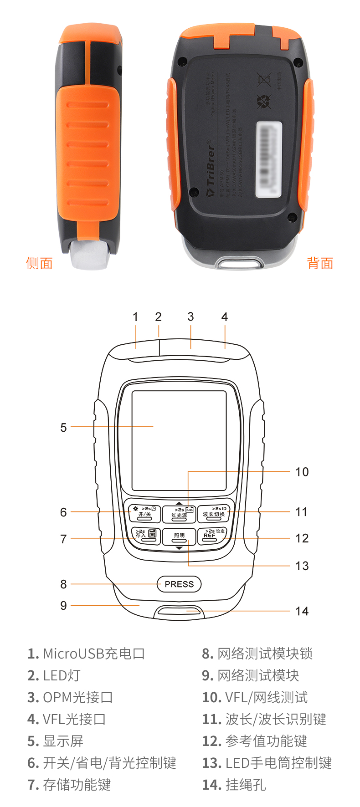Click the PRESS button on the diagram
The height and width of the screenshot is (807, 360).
tap(179, 584)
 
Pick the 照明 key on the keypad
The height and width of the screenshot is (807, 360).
tap(179, 536)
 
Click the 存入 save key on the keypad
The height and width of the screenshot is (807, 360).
tap(145, 536)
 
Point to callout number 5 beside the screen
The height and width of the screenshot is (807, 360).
tap(63, 427)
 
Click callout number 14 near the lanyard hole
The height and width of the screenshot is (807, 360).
tap(302, 611)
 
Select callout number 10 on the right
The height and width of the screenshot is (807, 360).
tap(302, 472)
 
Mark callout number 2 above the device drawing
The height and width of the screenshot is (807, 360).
tap(158, 317)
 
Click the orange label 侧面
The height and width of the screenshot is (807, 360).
tap(40, 263)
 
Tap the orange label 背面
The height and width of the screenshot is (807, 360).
tap(320, 263)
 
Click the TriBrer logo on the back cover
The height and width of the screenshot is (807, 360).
tap(210, 169)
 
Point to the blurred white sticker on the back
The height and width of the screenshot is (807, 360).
tap(269, 159)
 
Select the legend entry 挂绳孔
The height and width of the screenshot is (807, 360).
tap(245, 785)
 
